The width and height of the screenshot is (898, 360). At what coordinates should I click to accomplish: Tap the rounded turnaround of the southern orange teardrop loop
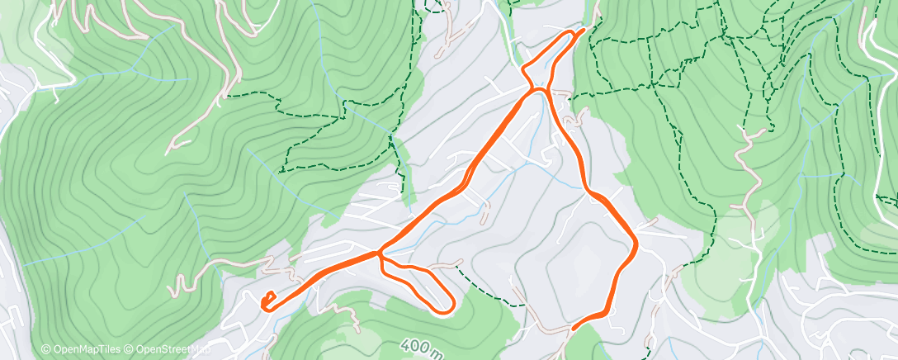click(450, 306)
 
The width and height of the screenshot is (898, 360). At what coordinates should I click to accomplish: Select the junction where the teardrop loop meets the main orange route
click(380, 253)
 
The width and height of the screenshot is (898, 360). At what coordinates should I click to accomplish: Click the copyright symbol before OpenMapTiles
click(46, 350)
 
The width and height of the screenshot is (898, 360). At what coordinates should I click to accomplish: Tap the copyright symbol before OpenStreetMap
click(130, 350)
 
